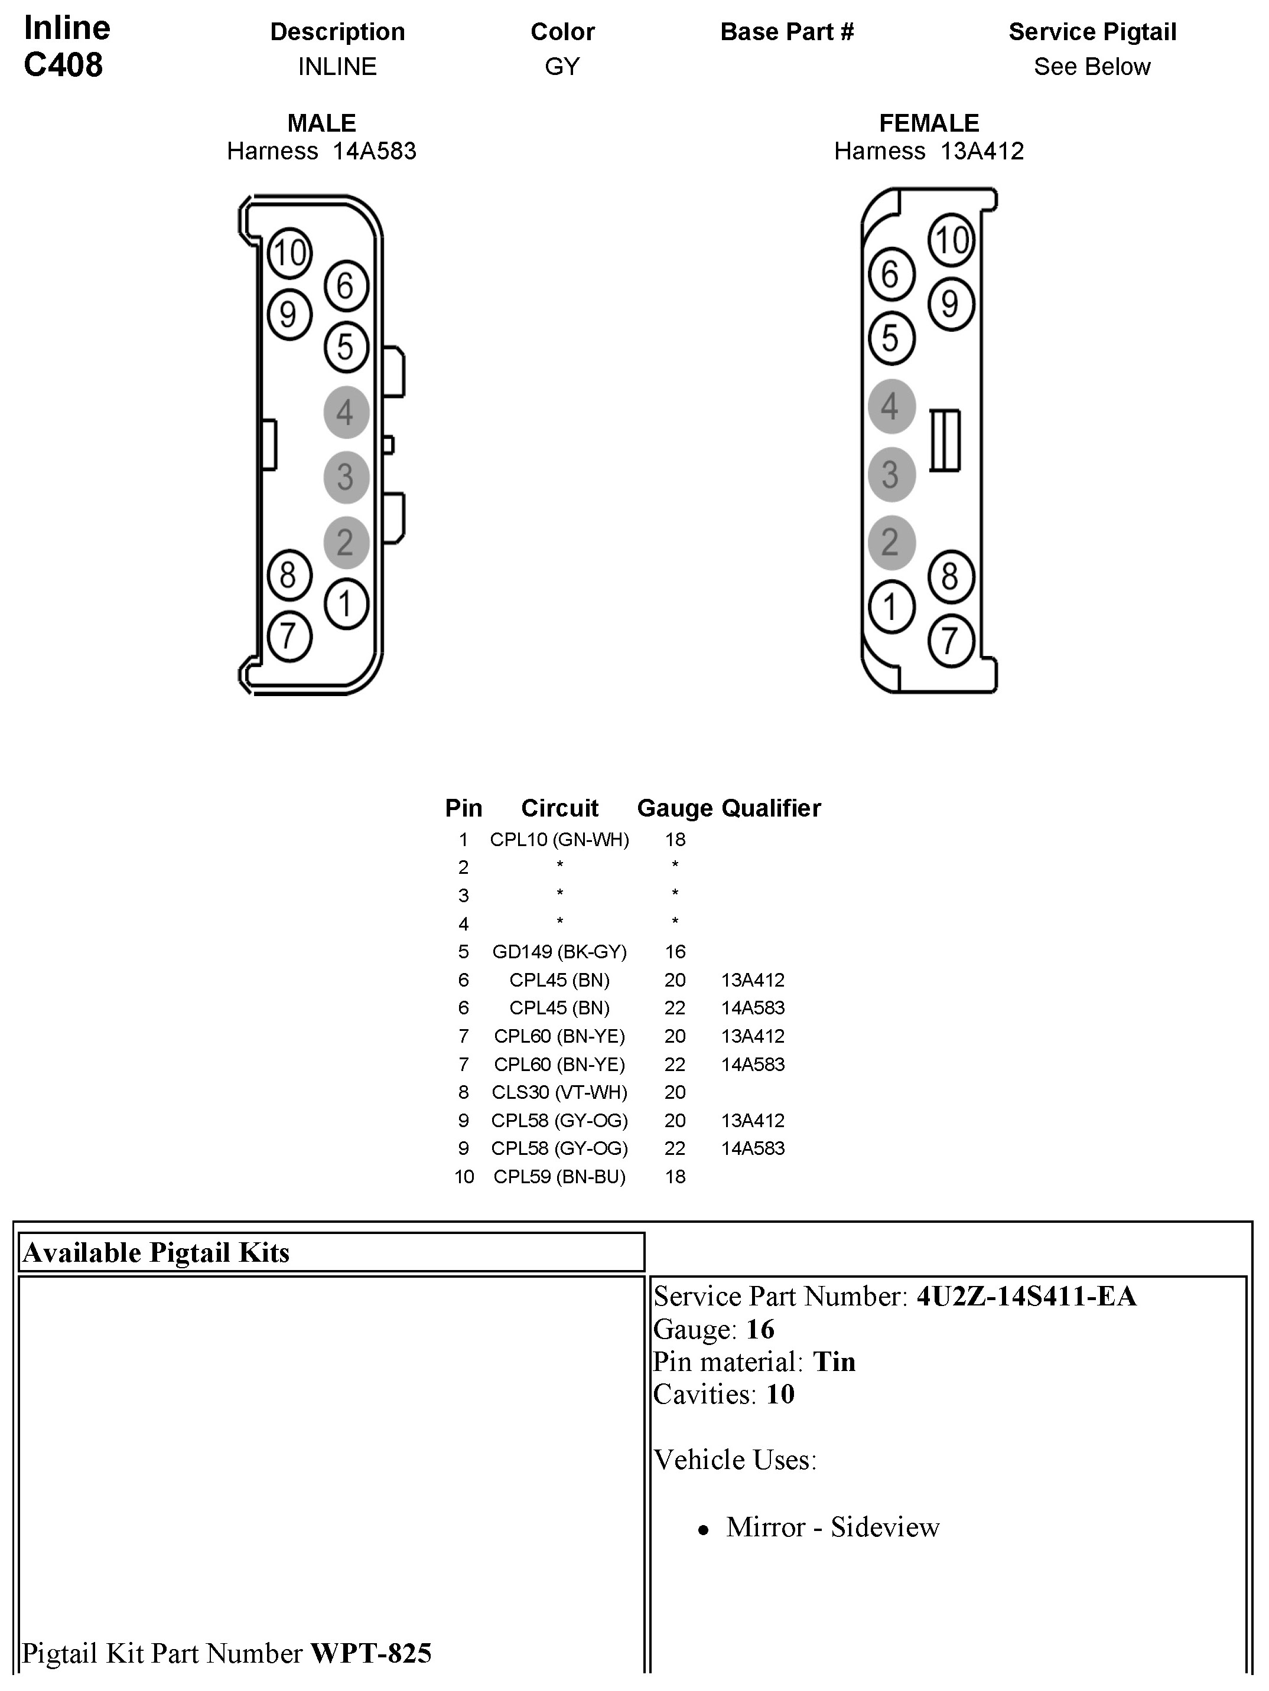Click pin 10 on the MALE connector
coord(289,253)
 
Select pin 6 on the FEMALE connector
coord(890,275)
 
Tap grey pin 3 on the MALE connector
coord(346,477)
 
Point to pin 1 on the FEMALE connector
coord(890,608)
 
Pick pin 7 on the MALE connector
coord(288,636)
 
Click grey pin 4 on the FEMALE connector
coord(890,406)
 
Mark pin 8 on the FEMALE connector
coord(950,576)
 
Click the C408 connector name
coord(63,66)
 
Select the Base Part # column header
coord(786,32)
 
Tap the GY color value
coord(562,67)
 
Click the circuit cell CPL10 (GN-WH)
coord(559,840)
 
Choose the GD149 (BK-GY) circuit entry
coord(559,952)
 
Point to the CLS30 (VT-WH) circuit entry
coord(559,1092)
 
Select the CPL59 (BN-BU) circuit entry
coord(559,1177)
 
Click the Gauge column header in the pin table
coord(674,808)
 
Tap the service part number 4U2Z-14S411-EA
coord(1026,1297)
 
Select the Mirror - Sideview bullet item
coord(832,1527)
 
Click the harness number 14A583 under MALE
coord(374,151)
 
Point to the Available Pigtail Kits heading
coord(157,1253)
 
